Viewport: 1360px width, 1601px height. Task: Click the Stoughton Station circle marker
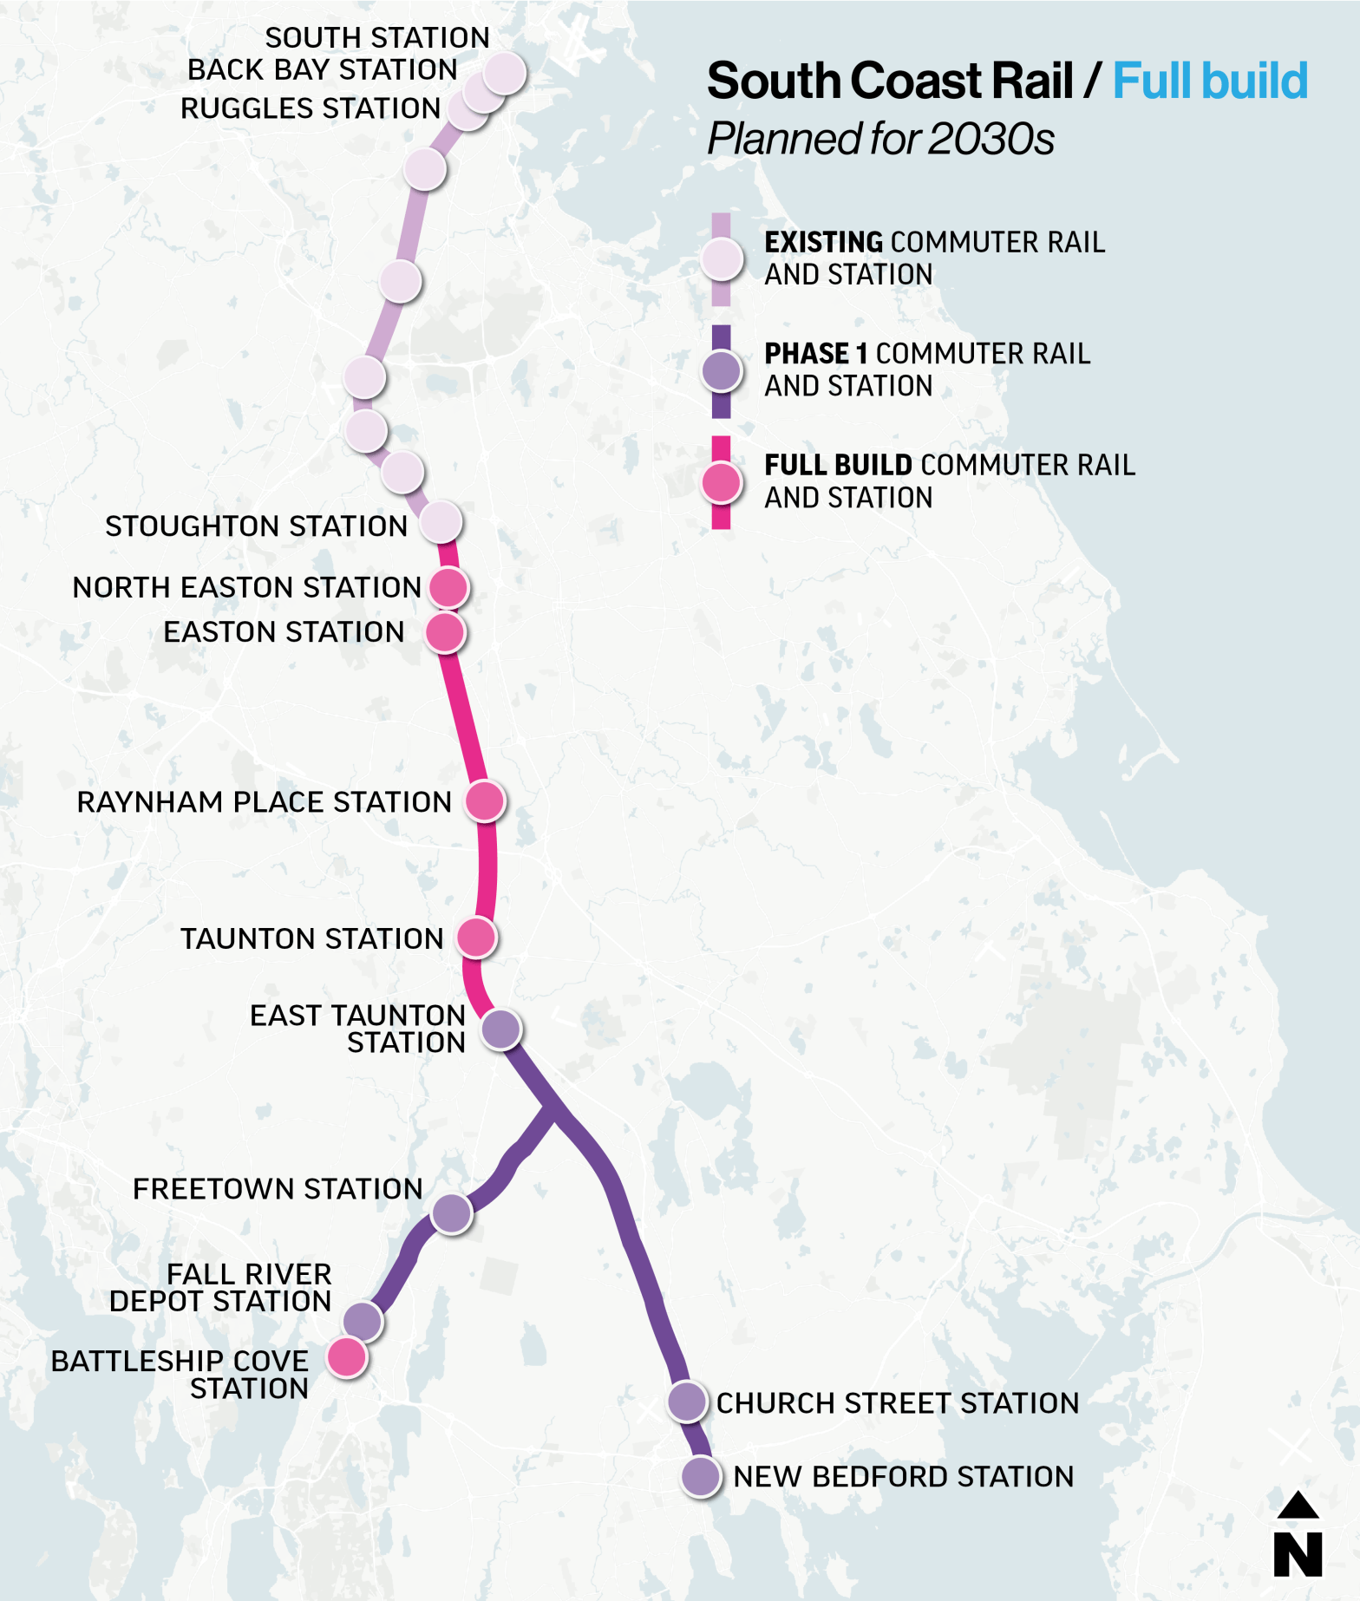click(441, 522)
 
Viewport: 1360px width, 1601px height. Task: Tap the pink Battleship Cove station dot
click(347, 1357)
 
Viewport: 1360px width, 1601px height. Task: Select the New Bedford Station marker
click(700, 1476)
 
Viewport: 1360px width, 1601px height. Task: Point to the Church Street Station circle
click(687, 1402)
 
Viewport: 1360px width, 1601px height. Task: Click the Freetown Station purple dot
click(451, 1212)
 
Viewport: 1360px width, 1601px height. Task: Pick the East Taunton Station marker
click(500, 1029)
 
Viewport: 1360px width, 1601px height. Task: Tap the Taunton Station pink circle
click(476, 938)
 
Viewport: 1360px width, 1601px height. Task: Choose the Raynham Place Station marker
click(485, 800)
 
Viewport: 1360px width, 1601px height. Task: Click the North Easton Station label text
click(246, 587)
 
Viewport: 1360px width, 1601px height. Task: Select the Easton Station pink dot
click(445, 632)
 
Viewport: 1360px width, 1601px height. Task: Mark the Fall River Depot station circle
click(363, 1321)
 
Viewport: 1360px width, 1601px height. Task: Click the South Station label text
click(376, 37)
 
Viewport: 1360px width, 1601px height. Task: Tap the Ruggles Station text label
click(310, 108)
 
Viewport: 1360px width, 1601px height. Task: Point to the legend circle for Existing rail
click(722, 258)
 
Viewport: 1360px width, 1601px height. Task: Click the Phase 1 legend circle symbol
click(722, 371)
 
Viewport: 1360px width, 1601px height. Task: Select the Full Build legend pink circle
click(722, 483)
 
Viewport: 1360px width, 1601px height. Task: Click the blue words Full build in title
click(1209, 82)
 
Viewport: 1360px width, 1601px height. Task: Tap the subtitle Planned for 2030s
click(880, 139)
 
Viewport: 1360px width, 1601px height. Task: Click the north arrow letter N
click(1298, 1554)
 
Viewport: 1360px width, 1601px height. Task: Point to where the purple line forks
click(553, 1109)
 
